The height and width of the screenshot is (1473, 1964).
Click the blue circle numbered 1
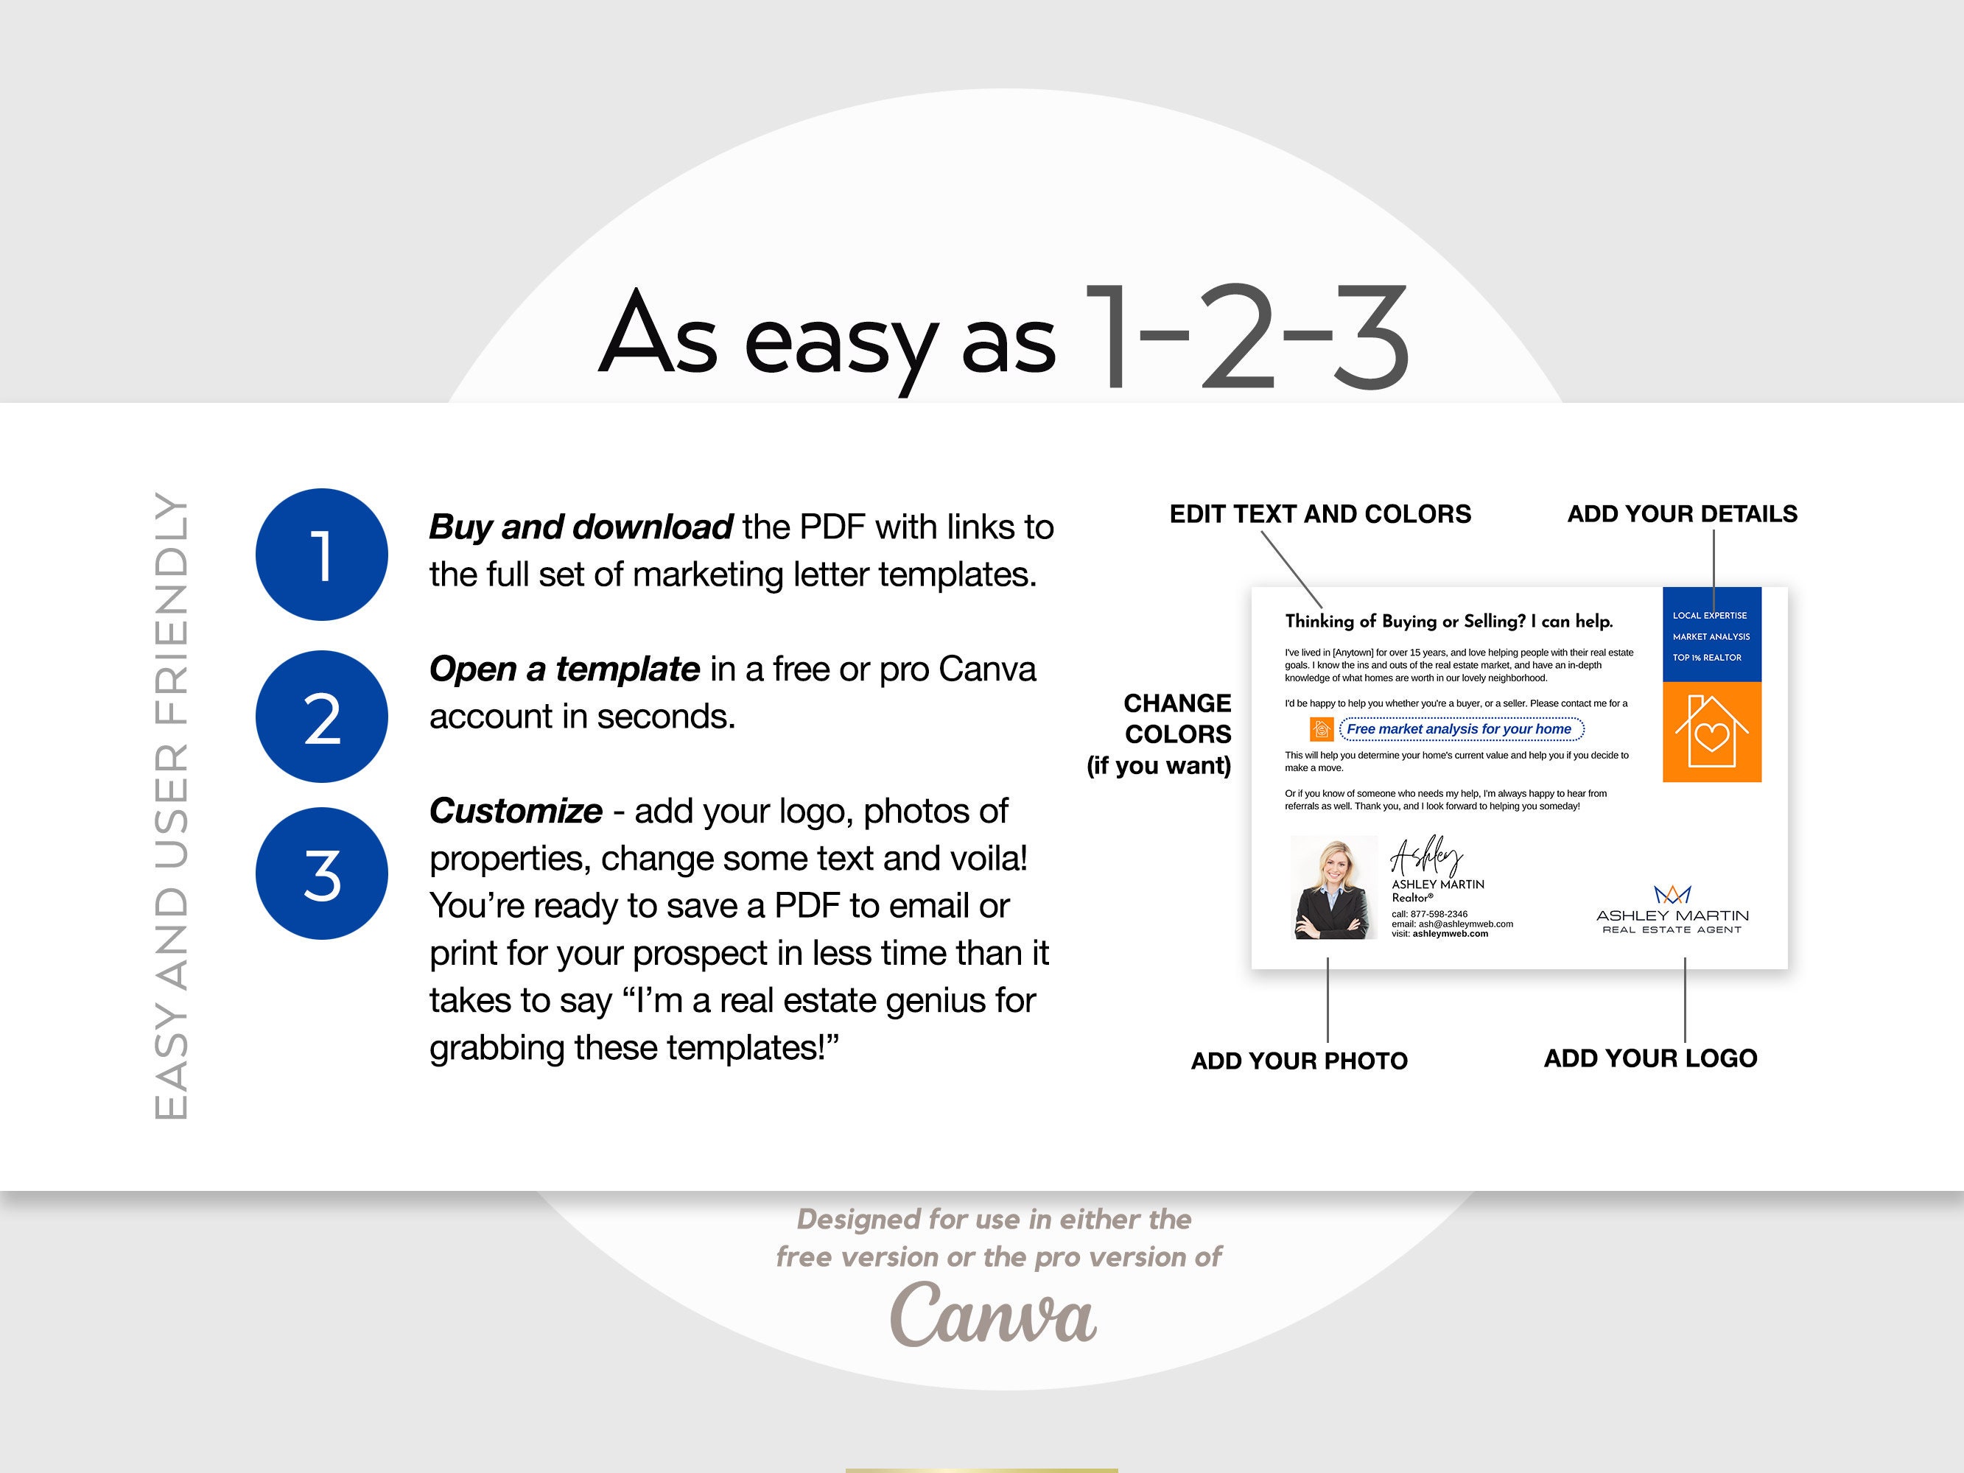pos(321,554)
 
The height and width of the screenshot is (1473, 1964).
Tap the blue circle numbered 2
pos(321,717)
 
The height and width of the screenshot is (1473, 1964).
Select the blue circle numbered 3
pos(321,873)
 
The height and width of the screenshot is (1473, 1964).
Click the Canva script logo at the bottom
pos(992,1315)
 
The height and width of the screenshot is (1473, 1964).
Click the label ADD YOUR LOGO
pos(1649,1058)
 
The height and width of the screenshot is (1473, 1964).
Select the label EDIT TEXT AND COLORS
pos(1319,514)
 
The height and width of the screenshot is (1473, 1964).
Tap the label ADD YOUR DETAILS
pos(1682,514)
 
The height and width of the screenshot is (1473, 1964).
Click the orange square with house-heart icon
pos(1711,731)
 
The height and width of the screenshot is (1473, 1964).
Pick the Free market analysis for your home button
pos(1461,729)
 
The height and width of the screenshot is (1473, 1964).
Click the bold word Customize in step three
pos(515,811)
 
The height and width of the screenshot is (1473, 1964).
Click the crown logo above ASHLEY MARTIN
pos(1672,894)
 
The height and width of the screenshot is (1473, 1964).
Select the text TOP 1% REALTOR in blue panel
pos(1706,658)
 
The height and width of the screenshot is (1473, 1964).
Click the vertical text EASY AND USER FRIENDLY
pos(172,804)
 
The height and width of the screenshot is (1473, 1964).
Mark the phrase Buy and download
pos(581,527)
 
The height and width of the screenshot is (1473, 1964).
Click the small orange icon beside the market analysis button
pos(1321,729)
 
